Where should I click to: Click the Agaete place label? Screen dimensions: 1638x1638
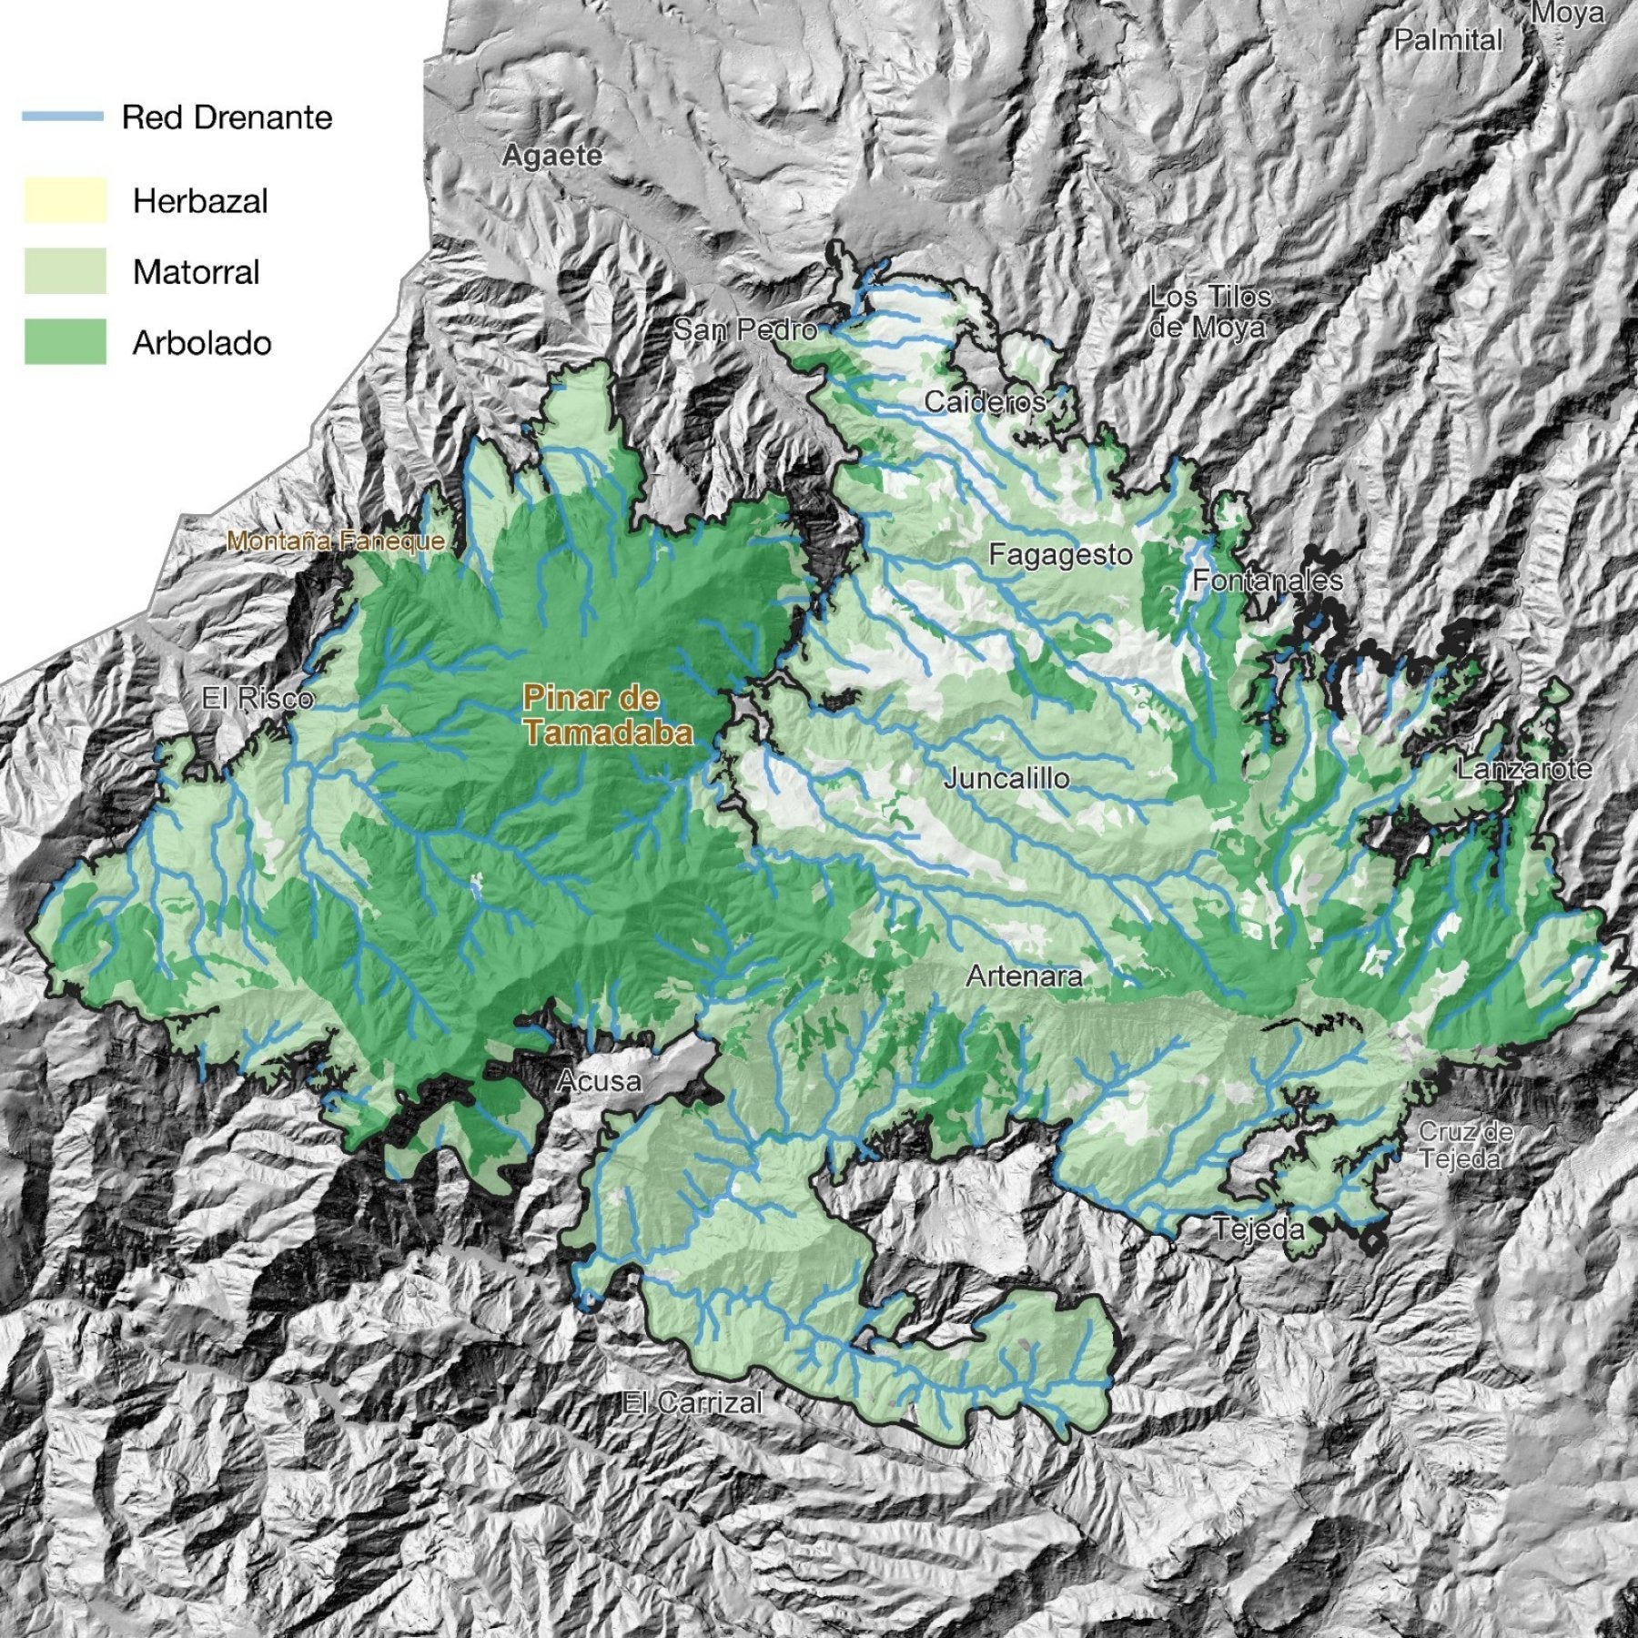coord(551,157)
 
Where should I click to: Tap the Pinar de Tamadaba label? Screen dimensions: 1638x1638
coord(606,716)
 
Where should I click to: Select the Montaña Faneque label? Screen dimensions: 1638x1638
coord(336,541)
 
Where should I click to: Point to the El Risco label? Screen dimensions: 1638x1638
coord(258,699)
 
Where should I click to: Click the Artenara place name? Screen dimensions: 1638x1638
coord(1024,977)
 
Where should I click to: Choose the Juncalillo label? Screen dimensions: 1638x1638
coord(1006,779)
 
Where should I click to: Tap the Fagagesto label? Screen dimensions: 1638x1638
coord(1060,555)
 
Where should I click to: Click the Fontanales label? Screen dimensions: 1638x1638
coord(1268,581)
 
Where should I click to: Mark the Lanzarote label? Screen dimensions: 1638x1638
coord(1524,769)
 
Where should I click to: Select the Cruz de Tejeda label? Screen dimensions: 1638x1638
coord(1465,1146)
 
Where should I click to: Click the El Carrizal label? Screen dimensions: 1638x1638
coord(692,1402)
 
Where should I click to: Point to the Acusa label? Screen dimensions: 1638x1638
coord(599,1081)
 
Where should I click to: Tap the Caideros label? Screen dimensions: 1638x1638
coord(985,402)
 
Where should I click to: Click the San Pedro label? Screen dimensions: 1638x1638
coord(744,329)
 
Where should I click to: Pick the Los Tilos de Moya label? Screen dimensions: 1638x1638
coord(1209,311)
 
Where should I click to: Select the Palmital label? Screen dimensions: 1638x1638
coord(1448,41)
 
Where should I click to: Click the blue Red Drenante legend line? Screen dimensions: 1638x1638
coord(63,117)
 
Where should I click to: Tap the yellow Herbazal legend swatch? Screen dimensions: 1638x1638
coord(65,200)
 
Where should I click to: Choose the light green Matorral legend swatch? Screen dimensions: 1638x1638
coord(65,271)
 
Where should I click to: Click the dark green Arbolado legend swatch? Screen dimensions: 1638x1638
coord(65,342)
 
